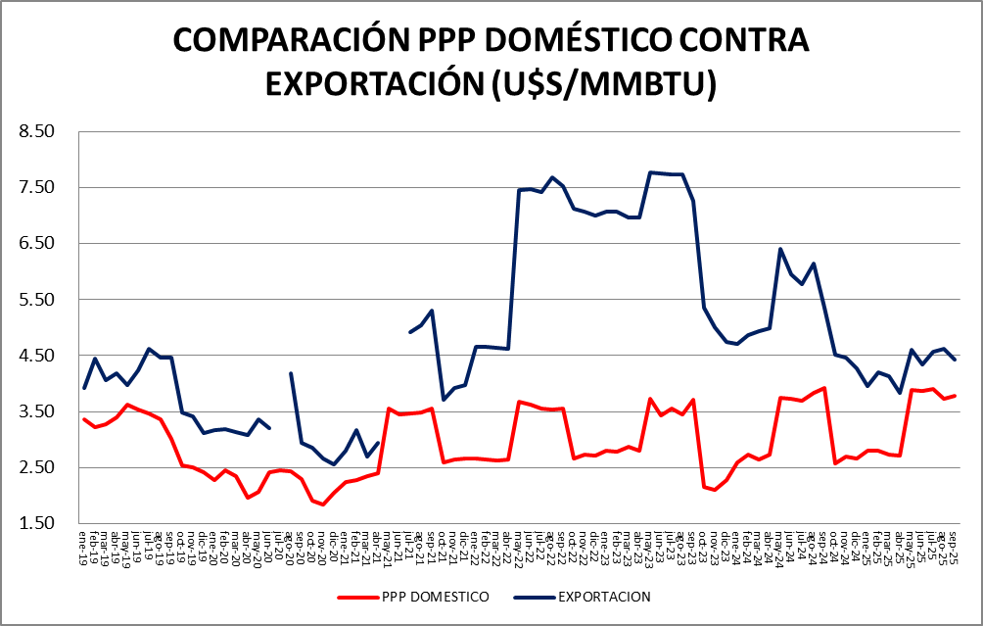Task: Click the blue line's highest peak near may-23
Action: click(x=650, y=172)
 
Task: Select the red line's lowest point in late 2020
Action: click(x=323, y=505)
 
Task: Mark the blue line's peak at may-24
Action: click(x=780, y=249)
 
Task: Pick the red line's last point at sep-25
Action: click(x=954, y=396)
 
